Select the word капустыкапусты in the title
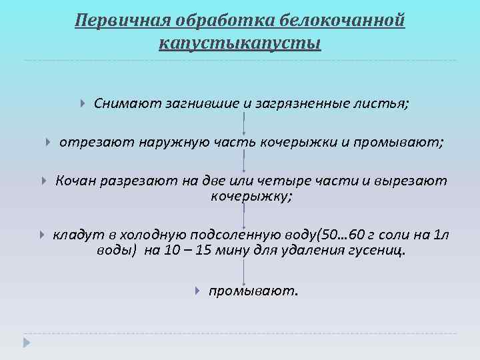(240, 44)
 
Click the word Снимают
(126, 104)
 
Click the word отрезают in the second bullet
(97, 142)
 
